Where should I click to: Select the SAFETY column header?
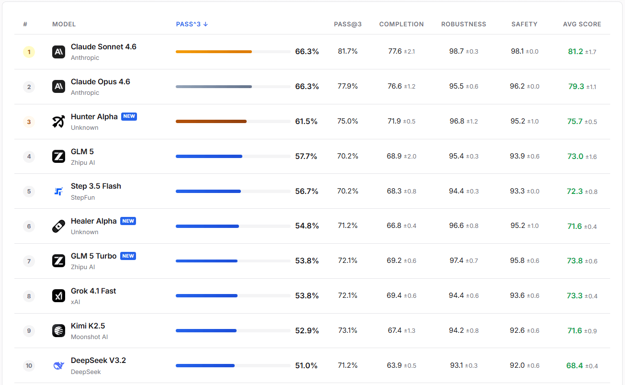tap(524, 24)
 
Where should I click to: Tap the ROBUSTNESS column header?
tap(463, 24)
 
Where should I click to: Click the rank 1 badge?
tap(29, 52)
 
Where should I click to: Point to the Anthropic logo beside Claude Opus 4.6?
tap(58, 87)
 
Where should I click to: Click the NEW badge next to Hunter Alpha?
tap(129, 116)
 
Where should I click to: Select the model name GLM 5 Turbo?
tap(93, 256)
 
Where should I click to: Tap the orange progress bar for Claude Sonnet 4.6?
tap(214, 52)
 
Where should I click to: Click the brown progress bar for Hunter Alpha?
tap(211, 122)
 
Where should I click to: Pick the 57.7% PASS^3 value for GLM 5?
tap(306, 156)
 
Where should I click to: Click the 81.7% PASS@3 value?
tap(348, 51)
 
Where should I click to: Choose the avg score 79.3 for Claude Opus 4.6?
tap(576, 87)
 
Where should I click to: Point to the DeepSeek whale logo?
tap(58, 366)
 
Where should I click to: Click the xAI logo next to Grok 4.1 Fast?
tap(58, 296)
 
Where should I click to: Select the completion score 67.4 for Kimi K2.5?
tap(394, 330)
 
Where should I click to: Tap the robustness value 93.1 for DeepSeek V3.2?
tap(456, 365)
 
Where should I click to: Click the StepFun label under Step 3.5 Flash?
tap(83, 197)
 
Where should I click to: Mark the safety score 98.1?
tap(517, 51)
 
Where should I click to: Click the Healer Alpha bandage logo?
tap(58, 226)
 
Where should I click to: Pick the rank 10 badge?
tap(29, 366)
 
